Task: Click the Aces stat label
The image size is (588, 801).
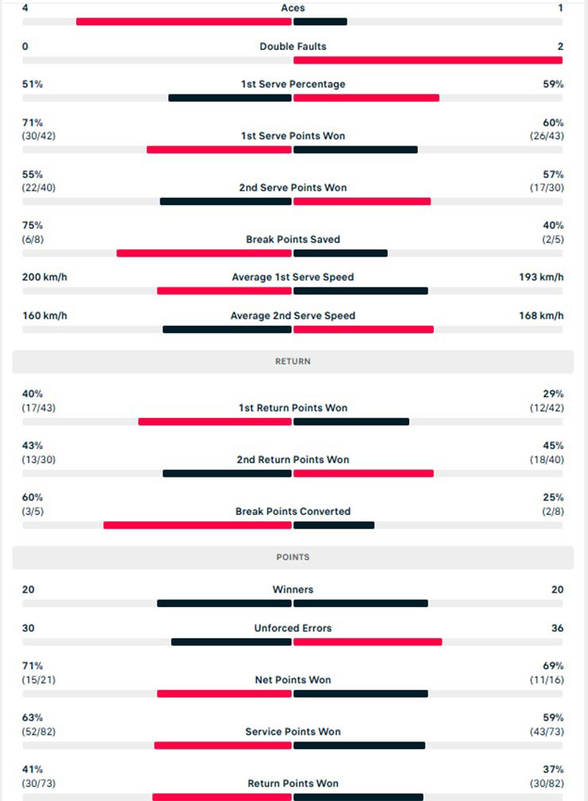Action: [292, 8]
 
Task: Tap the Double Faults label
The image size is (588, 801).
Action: [292, 46]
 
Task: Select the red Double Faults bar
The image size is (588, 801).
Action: [427, 60]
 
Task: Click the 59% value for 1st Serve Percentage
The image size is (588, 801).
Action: [553, 84]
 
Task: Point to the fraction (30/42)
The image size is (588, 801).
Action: [39, 136]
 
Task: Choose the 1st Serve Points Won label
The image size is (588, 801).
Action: [292, 136]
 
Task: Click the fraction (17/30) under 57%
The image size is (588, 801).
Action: [547, 188]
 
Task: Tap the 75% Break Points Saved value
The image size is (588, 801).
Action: [33, 225]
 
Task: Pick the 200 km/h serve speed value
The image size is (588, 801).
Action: [44, 277]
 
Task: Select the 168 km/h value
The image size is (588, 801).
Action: [541, 315]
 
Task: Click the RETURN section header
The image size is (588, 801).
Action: [292, 362]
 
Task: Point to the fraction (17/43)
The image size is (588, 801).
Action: [39, 408]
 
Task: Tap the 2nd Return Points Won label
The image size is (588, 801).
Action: [292, 459]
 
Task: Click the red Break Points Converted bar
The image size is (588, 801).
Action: [198, 524]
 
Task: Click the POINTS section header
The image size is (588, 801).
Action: [292, 557]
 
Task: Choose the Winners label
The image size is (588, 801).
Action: [292, 590]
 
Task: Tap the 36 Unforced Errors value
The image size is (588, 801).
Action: [557, 628]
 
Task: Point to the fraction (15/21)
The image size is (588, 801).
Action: [39, 679]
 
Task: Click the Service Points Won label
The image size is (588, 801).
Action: [292, 731]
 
